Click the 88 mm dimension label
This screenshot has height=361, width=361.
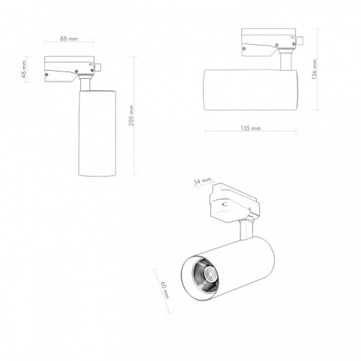pyautogui.click(x=69, y=38)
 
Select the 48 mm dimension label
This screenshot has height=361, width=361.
pyautogui.click(x=24, y=69)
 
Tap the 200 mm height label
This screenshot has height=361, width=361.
pyautogui.click(x=131, y=116)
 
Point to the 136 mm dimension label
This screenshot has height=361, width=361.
pyautogui.click(x=314, y=69)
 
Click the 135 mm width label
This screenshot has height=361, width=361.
pyautogui.click(x=251, y=129)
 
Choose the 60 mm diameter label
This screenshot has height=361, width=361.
pyautogui.click(x=165, y=290)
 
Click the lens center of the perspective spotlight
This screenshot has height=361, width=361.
pyautogui.click(x=209, y=274)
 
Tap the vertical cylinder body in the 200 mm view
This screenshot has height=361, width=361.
pyautogui.click(x=97, y=133)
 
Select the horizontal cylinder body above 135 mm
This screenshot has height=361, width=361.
pyautogui.click(x=251, y=90)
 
